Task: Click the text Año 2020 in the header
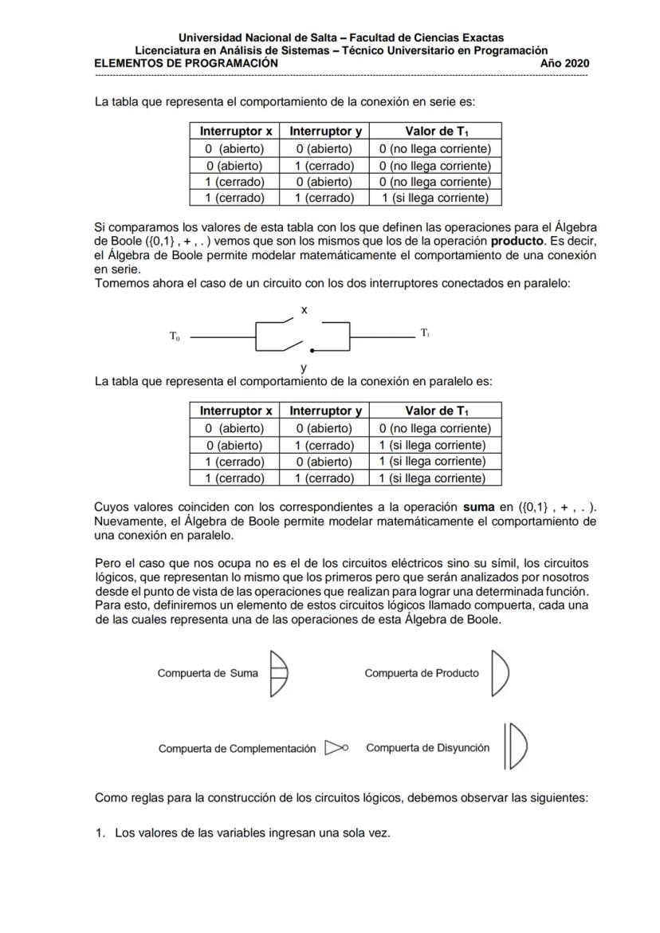click(564, 63)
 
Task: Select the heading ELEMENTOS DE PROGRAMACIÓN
click(187, 63)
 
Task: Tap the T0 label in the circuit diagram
click(175, 337)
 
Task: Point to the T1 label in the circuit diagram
click(425, 333)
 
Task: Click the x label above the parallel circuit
click(304, 309)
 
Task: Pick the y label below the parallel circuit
click(304, 368)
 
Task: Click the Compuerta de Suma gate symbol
click(278, 674)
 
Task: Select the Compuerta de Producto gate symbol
click(499, 674)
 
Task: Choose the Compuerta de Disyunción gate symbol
click(516, 746)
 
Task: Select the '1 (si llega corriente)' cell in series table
click(434, 198)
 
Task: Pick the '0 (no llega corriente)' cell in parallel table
click(434, 428)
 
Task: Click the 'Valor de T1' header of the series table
click(434, 131)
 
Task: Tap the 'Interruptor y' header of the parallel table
click(325, 411)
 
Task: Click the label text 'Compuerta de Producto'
click(422, 673)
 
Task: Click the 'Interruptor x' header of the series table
click(235, 131)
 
